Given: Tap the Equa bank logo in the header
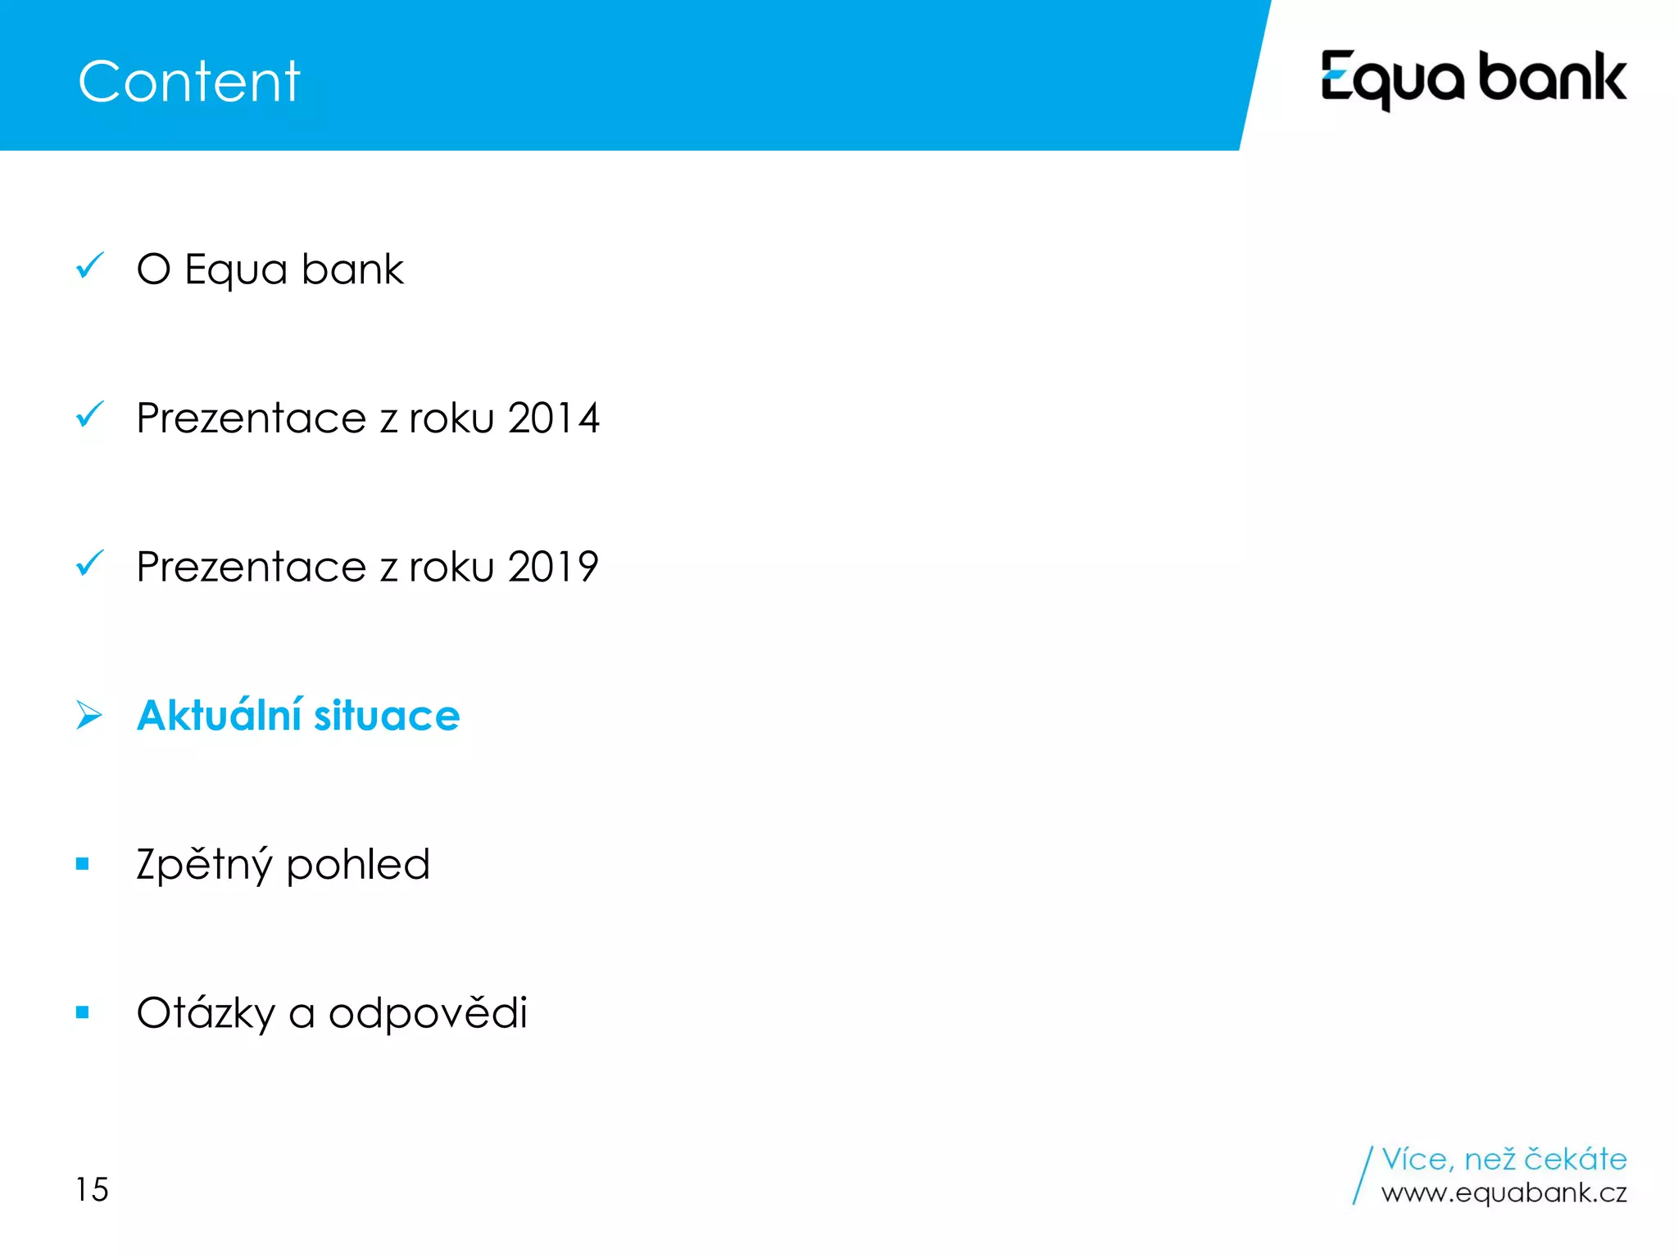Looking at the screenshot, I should (x=1473, y=79).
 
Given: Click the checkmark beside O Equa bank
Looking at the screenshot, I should (x=89, y=265).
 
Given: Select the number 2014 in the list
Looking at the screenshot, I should (x=554, y=419).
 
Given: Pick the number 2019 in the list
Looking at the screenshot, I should (x=553, y=567).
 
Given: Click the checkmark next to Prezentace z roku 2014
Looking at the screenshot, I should (x=89, y=414).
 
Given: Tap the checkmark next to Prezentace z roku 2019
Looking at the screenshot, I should (x=89, y=563).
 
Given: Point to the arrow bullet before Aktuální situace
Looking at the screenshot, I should (x=88, y=715).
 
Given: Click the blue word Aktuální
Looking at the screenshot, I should (x=219, y=715).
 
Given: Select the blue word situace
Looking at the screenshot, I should (x=387, y=716).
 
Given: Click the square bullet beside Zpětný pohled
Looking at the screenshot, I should (x=82, y=863).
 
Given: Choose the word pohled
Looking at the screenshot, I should (x=358, y=865).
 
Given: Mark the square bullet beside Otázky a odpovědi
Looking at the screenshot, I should (x=82, y=1012).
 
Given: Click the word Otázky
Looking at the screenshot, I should (x=206, y=1014).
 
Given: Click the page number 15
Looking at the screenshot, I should (x=92, y=1189).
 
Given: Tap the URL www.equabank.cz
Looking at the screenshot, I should (x=1503, y=1193).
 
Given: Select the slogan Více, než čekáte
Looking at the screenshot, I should (x=1503, y=1160).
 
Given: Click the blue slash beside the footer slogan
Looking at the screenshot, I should (x=1363, y=1175).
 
